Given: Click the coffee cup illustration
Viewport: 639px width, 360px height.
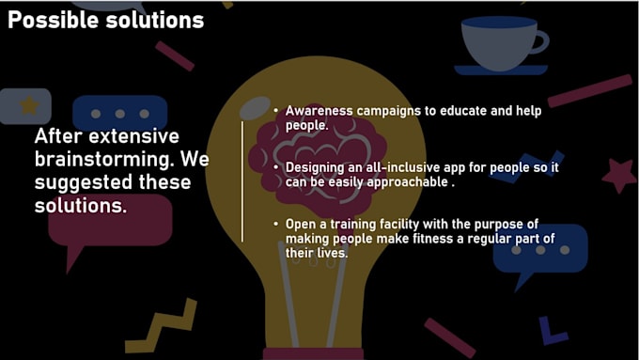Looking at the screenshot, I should pyautogui.click(x=502, y=45).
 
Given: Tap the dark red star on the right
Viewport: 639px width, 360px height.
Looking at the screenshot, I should pyautogui.click(x=618, y=174).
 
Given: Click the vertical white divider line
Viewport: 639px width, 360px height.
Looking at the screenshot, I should pyautogui.click(x=242, y=179).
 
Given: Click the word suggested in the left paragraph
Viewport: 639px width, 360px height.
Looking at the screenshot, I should pyautogui.click(x=74, y=181).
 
